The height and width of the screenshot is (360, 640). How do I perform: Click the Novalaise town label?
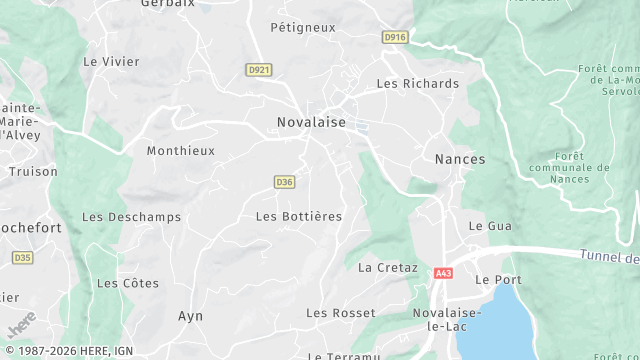(311, 122)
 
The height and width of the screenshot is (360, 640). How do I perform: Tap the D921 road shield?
(259, 69)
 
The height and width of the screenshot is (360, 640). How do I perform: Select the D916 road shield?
(395, 37)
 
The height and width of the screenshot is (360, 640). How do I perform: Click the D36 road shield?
(284, 181)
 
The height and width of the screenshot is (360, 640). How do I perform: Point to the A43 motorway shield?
(444, 272)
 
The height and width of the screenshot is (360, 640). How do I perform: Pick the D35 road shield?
(22, 257)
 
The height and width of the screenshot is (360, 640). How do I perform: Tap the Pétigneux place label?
(303, 28)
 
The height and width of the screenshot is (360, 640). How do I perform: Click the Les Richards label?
(418, 84)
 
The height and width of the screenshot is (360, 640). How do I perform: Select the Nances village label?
(460, 159)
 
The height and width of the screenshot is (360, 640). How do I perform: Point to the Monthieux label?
(181, 151)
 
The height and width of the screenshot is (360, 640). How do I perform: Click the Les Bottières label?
(299, 216)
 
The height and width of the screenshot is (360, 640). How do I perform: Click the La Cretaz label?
(388, 268)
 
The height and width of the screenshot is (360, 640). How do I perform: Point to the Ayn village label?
(190, 316)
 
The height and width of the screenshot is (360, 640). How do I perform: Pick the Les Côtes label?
(127, 283)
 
